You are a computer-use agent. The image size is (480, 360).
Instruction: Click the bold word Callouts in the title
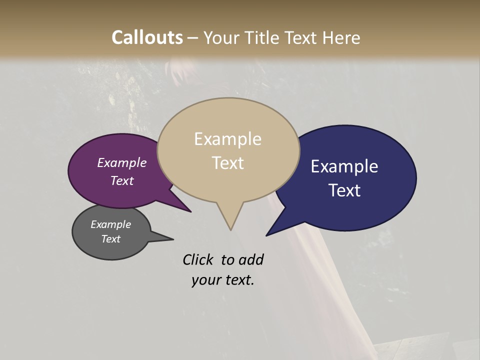[147, 37]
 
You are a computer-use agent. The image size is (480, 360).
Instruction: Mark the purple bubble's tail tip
[190, 211]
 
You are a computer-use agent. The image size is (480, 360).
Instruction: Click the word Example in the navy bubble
[344, 166]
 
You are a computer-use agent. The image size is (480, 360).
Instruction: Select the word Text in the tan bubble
[227, 163]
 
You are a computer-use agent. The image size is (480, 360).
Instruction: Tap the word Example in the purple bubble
[121, 163]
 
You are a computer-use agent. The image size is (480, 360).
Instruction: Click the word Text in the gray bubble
[110, 239]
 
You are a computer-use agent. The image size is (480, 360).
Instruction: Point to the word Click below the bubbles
[198, 259]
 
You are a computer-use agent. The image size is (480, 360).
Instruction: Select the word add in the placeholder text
[251, 259]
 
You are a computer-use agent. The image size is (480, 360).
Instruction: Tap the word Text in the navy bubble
[345, 190]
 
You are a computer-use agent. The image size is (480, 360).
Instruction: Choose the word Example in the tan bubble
[227, 139]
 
